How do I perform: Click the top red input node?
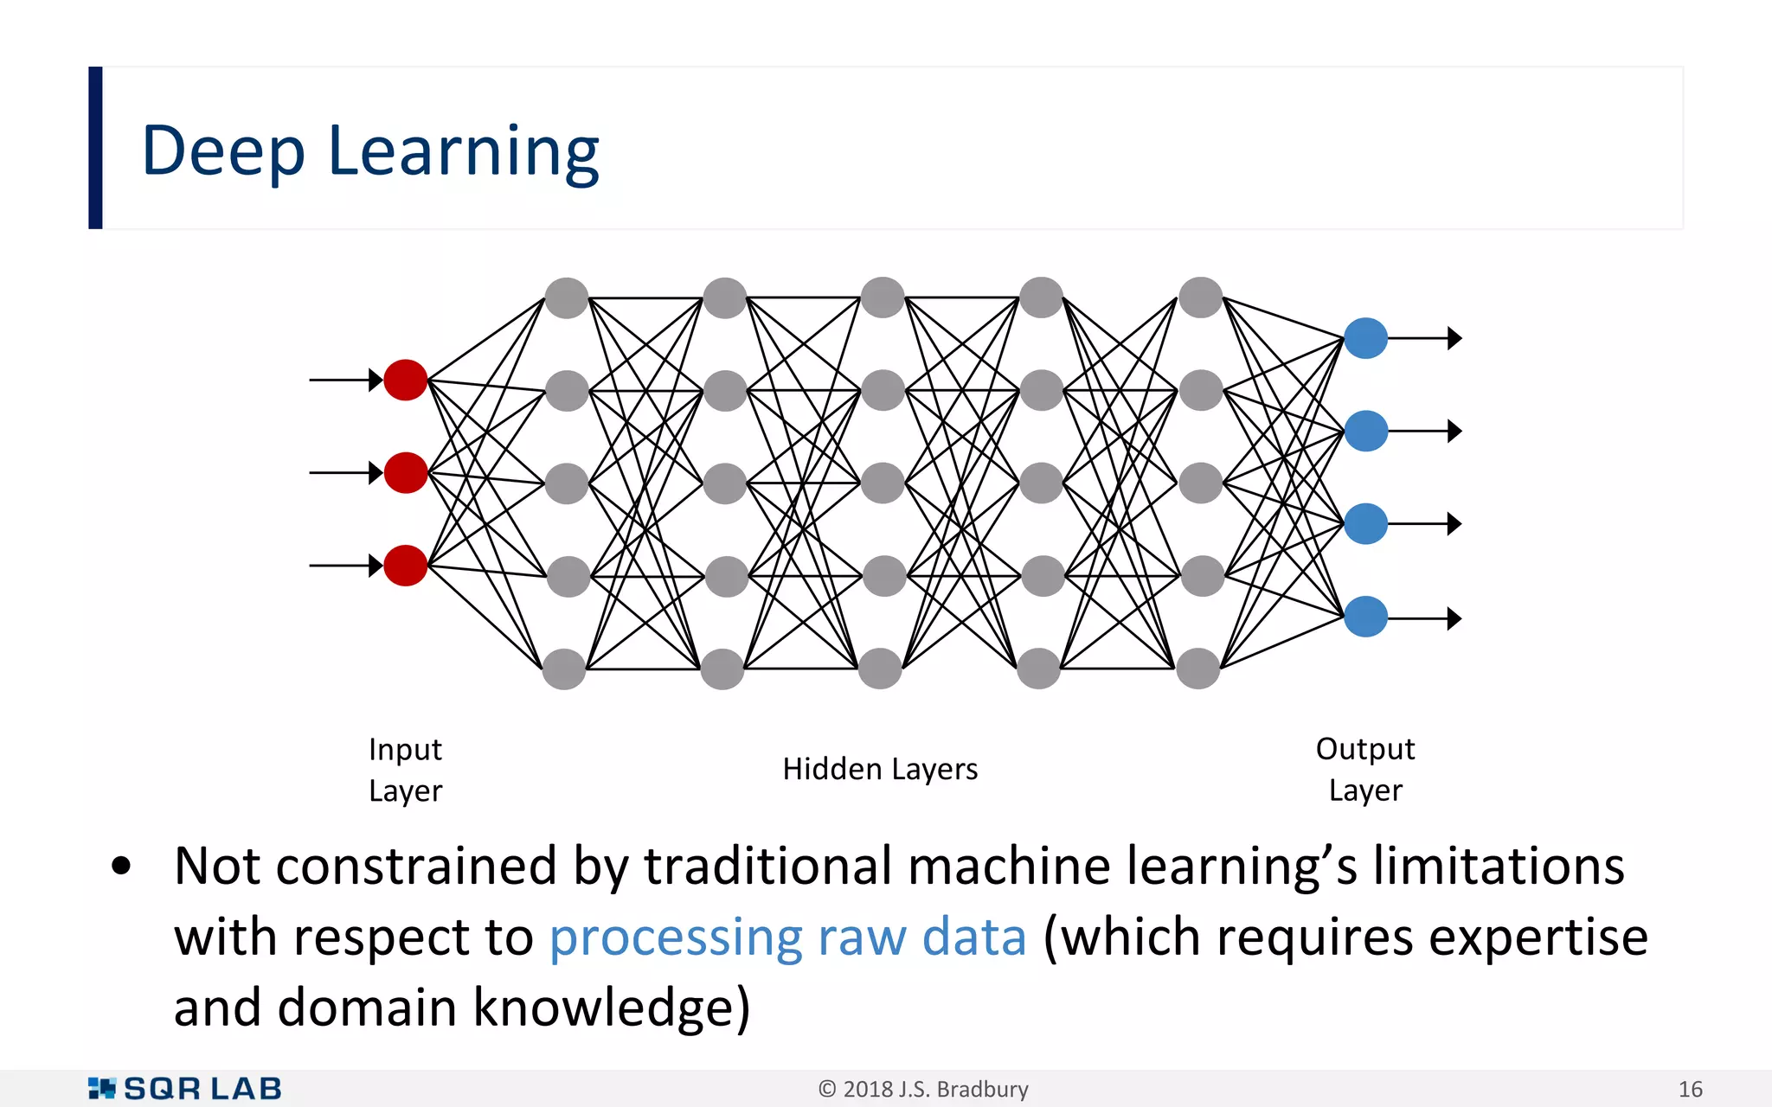pos(405,380)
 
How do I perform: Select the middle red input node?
pos(405,472)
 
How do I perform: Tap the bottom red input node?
pos(405,566)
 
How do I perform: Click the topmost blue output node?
pos(1366,338)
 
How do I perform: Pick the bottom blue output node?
pos(1366,617)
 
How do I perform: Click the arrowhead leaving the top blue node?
pos(1454,338)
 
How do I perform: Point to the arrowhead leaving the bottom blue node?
pos(1454,618)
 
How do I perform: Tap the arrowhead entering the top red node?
pos(376,380)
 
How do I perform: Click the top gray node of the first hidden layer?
pos(567,298)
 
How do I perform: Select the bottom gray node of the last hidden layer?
pos(1198,669)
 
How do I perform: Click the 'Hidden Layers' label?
pos(880,769)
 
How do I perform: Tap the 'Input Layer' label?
pos(405,770)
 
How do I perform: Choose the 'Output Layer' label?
pos(1365,769)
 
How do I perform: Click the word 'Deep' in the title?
pos(223,152)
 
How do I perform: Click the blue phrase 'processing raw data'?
pos(787,937)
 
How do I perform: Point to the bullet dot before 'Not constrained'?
pos(121,867)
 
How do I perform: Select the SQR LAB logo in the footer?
pos(185,1089)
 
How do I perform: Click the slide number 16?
pos(1690,1090)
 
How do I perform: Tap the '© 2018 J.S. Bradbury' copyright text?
pos(923,1090)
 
